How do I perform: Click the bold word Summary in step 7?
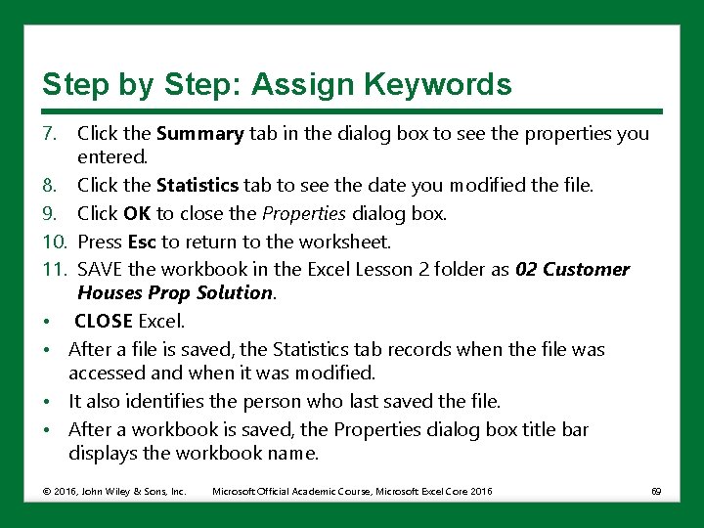199,134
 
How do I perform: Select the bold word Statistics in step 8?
198,185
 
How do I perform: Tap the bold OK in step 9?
137,213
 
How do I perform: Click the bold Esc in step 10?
142,242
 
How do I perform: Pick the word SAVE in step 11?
99,269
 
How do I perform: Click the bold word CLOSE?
104,321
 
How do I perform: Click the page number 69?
655,491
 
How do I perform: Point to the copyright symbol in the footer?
46,491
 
